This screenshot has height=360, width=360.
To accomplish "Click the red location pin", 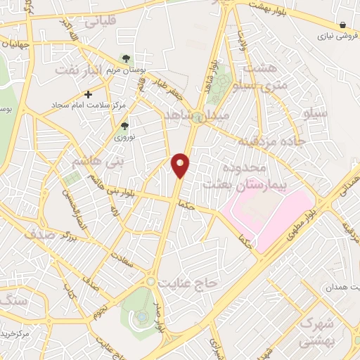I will [181, 166].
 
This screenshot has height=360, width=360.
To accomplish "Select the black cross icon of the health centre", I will [88, 94].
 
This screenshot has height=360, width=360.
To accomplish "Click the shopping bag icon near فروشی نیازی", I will [342, 25].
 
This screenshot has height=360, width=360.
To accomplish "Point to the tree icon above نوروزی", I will [124, 127].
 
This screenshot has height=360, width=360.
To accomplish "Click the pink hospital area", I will [267, 211].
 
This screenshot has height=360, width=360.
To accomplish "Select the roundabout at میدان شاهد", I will [199, 117].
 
